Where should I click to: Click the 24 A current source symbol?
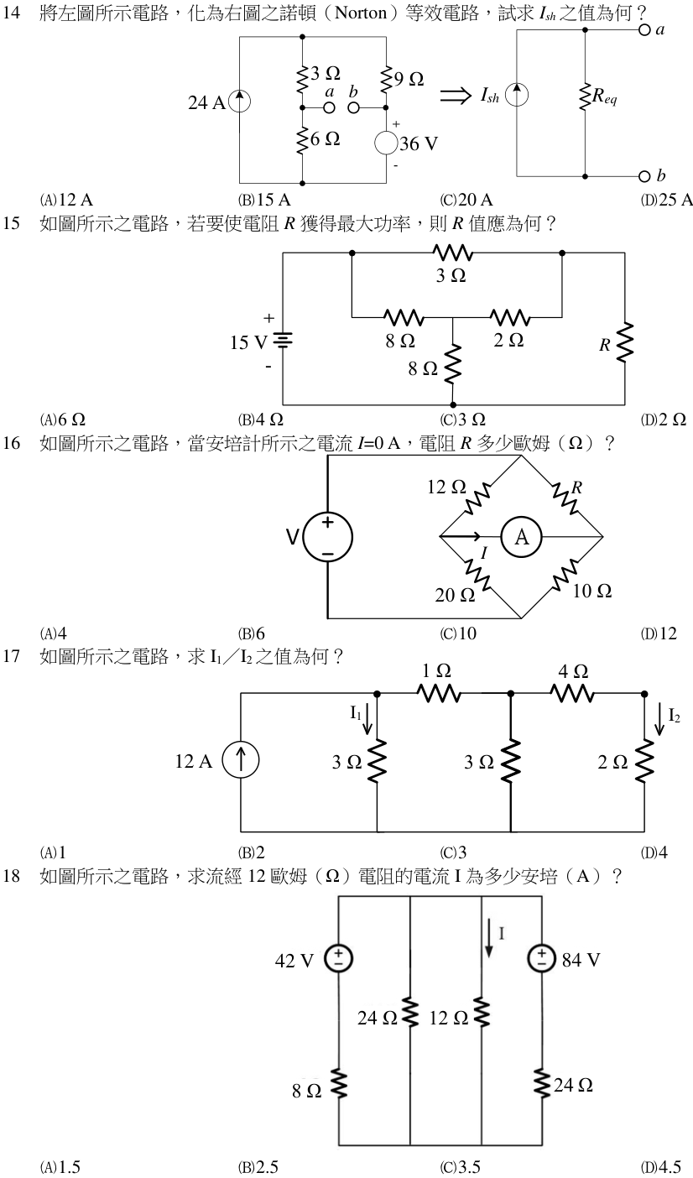[240, 102]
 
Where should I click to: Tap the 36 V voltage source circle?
[386, 143]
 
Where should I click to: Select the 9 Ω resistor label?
[409, 79]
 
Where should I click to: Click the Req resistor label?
[605, 96]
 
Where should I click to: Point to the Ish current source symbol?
[517, 95]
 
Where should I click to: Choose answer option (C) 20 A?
[467, 200]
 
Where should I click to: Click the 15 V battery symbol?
[283, 341]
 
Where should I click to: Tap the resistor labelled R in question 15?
[625, 342]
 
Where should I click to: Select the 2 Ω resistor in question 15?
[510, 318]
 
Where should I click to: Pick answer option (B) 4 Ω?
[261, 420]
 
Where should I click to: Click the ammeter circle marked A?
[521, 537]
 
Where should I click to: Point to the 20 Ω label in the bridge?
[455, 595]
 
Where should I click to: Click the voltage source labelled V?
[327, 537]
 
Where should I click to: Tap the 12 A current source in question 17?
[240, 760]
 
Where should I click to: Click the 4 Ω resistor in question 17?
[572, 694]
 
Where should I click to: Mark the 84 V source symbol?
[542, 958]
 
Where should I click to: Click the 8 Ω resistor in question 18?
[338, 1086]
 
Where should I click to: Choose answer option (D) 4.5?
[661, 1168]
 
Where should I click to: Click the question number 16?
[11, 443]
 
